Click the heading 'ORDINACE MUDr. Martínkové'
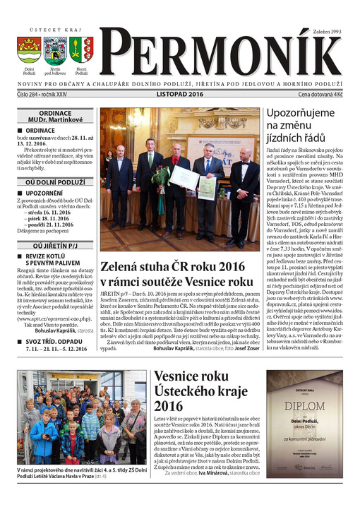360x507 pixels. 55,116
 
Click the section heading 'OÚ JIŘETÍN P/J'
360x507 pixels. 55,245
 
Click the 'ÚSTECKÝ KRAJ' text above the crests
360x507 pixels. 44,30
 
